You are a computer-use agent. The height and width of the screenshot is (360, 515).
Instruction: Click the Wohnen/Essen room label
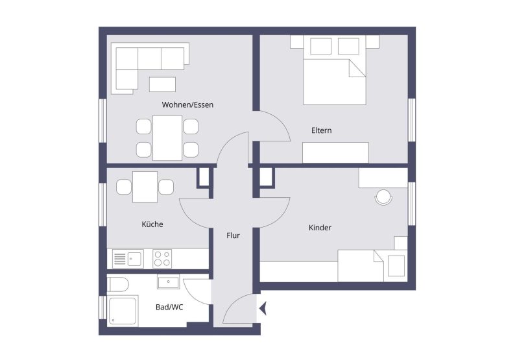click(187, 104)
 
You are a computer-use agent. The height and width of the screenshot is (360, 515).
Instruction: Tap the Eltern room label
click(321, 130)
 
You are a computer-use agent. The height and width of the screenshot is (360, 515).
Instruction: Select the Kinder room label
click(320, 228)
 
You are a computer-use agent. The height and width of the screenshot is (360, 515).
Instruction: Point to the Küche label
click(152, 224)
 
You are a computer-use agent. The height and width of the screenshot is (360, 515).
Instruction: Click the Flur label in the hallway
click(233, 235)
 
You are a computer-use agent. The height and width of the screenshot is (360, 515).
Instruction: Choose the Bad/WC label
click(169, 307)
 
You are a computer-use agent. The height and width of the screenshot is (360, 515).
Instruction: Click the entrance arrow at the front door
click(263, 309)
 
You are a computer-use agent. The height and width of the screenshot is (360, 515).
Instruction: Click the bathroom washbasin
click(169, 282)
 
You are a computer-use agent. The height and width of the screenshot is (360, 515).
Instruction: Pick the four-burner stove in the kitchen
click(162, 259)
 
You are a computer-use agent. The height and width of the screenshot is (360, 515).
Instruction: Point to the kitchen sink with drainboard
click(128, 259)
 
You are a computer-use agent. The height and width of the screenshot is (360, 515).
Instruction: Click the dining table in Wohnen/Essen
click(167, 137)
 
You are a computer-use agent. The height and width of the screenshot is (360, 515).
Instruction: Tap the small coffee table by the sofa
click(162, 84)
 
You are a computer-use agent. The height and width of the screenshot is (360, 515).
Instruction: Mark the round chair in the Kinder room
click(383, 197)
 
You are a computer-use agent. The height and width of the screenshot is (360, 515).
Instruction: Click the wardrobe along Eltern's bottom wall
click(335, 152)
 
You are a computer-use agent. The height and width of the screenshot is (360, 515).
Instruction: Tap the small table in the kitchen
click(145, 187)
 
